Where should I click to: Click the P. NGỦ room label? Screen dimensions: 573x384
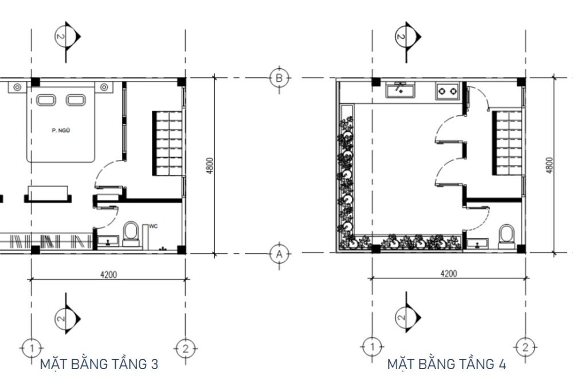pyautogui.click(x=61, y=131)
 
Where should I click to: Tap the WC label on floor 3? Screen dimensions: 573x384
pyautogui.click(x=154, y=226)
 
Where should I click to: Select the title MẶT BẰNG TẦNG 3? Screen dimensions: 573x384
pyautogui.click(x=99, y=365)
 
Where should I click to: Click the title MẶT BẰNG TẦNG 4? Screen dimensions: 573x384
pyautogui.click(x=446, y=365)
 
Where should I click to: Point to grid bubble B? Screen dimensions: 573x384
pyautogui.click(x=279, y=78)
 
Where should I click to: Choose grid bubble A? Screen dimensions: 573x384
pyautogui.click(x=279, y=253)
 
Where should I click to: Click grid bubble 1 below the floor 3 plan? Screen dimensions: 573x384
pyautogui.click(x=32, y=348)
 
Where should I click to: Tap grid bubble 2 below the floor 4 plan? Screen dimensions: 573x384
pyautogui.click(x=525, y=347)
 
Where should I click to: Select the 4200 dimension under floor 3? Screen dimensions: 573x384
pyautogui.click(x=108, y=275)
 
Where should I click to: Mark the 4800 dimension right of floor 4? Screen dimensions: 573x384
pyautogui.click(x=550, y=165)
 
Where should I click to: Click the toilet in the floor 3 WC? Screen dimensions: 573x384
pyautogui.click(x=131, y=234)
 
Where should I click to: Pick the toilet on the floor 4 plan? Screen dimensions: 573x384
pyautogui.click(x=507, y=236)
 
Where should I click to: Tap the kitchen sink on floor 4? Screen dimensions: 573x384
pyautogui.click(x=401, y=90)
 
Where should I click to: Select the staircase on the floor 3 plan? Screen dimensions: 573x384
pyautogui.click(x=167, y=143)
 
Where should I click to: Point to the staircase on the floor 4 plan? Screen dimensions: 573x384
pyautogui.click(x=507, y=143)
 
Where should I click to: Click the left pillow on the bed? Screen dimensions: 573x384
pyautogui.click(x=46, y=100)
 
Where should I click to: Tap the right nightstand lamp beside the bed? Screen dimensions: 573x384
pyautogui.click(x=104, y=87)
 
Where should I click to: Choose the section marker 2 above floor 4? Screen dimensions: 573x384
pyautogui.click(x=407, y=37)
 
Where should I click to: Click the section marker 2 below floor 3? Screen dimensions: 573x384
pyautogui.click(x=67, y=318)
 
